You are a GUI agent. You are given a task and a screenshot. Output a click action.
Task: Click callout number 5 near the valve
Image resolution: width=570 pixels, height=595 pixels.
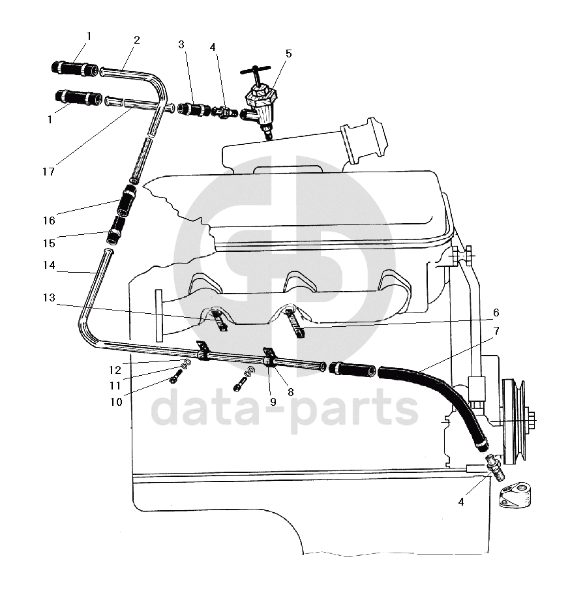click(x=288, y=53)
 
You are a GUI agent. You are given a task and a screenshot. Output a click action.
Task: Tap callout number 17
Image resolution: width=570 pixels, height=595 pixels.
click(x=48, y=172)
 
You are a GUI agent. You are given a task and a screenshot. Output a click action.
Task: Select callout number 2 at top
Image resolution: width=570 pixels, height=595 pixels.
click(x=136, y=39)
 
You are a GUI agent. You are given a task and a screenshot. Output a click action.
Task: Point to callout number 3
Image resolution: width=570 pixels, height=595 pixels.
click(x=181, y=44)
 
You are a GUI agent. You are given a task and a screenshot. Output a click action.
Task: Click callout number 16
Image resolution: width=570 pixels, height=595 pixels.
click(x=50, y=221)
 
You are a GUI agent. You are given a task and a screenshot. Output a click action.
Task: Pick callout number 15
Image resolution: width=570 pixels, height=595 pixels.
click(x=50, y=243)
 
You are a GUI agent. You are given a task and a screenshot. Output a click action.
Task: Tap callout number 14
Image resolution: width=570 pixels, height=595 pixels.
click(x=50, y=266)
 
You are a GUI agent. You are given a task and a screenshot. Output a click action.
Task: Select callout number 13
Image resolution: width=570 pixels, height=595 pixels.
click(x=50, y=298)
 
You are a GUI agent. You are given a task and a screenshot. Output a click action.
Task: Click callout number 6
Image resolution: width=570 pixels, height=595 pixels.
click(x=496, y=312)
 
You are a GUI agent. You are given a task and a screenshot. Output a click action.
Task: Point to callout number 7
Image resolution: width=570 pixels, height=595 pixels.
click(x=496, y=331)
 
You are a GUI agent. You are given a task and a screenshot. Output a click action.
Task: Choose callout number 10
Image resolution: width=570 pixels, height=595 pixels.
click(x=116, y=402)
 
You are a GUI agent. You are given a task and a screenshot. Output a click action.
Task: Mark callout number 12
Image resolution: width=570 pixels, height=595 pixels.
click(x=115, y=370)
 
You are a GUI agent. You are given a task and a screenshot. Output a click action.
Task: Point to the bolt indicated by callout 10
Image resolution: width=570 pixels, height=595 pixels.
click(x=174, y=378)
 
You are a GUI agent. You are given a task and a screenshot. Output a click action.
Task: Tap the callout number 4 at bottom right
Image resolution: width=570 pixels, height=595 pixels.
click(x=462, y=502)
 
